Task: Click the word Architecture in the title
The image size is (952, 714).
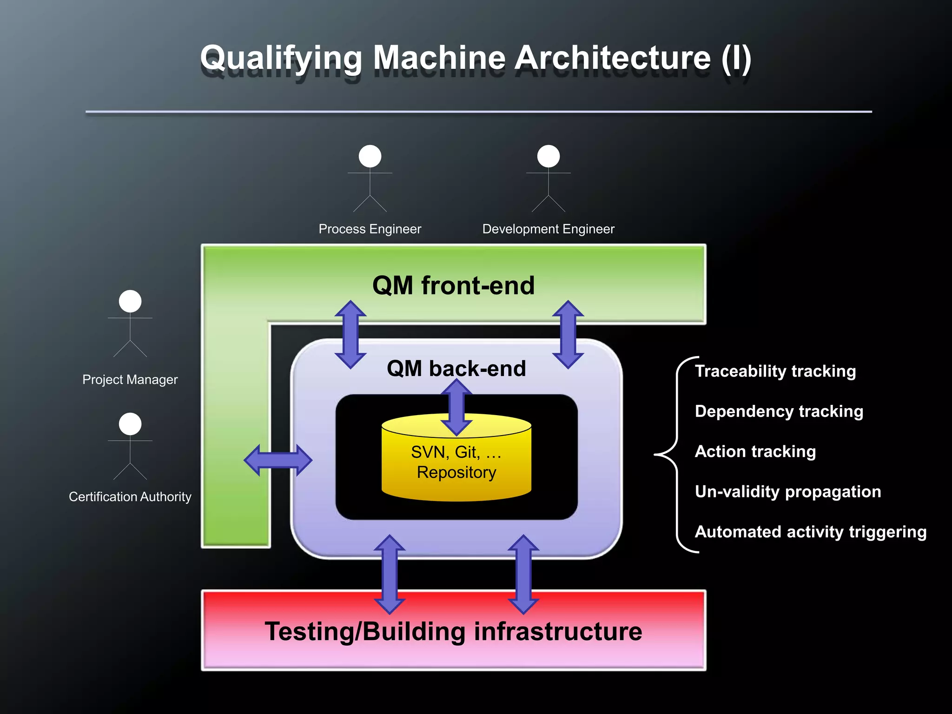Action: point(613,59)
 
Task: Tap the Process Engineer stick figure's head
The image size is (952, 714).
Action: point(370,156)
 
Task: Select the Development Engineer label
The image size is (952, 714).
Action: point(548,229)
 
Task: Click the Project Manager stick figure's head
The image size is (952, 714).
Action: point(130,301)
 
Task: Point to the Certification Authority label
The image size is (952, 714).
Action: point(130,496)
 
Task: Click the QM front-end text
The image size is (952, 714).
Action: point(453,285)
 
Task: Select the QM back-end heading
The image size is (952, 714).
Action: point(456,369)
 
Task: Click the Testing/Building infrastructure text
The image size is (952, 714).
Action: point(453,631)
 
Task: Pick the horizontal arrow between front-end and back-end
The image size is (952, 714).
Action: point(278,460)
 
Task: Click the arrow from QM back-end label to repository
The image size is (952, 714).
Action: point(456,407)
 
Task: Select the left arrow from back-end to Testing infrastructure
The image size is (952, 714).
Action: point(390,574)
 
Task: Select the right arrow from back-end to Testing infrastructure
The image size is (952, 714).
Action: point(523,574)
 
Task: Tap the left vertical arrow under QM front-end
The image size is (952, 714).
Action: point(350,335)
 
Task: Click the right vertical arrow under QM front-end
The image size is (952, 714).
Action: point(568,335)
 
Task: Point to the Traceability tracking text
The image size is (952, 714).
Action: point(775,371)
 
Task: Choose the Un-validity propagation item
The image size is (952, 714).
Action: point(787,491)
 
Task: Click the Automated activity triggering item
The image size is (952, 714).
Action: point(810,531)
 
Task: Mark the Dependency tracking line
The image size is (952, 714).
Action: point(779,411)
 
